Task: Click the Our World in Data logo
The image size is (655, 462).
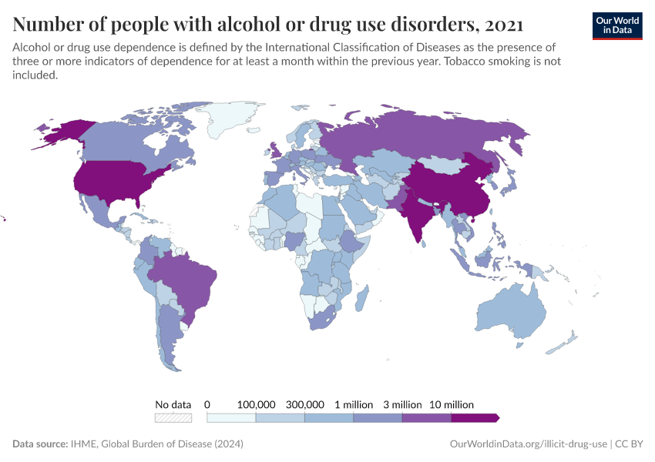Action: (617, 25)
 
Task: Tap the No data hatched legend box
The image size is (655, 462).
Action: (173, 418)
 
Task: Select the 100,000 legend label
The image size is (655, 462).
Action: (256, 404)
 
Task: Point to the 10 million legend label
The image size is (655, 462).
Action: (451, 404)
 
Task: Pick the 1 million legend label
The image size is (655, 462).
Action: (354, 404)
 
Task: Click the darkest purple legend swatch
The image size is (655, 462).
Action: (474, 418)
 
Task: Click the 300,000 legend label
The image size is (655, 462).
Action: (305, 404)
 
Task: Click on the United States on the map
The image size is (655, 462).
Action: (116, 181)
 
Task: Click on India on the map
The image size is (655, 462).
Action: (419, 213)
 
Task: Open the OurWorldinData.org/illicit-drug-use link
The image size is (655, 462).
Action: (528, 444)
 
